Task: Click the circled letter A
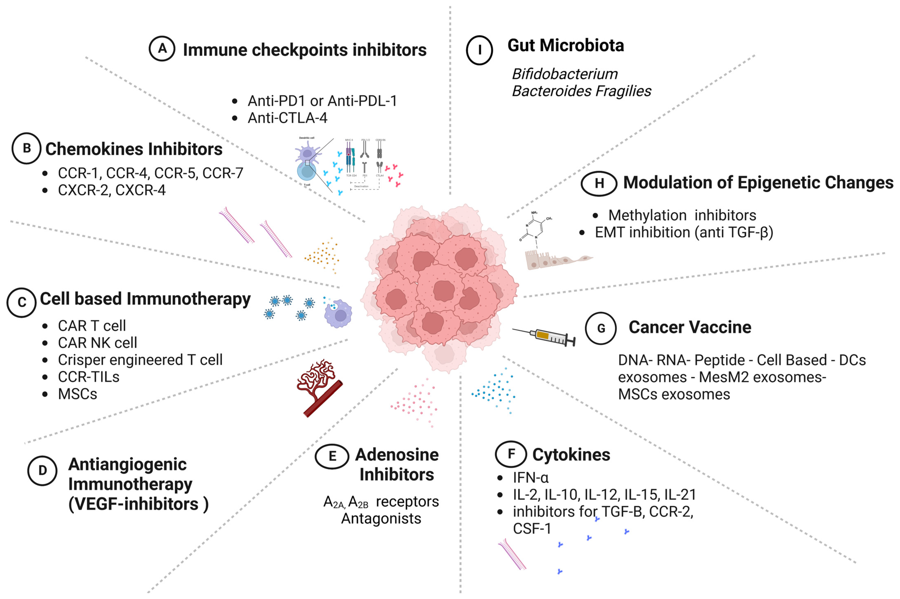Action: pos(162,49)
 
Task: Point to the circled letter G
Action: pos(601,328)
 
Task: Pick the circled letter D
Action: pos(42,471)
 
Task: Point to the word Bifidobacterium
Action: pos(564,74)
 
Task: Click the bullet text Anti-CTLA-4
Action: pos(287,118)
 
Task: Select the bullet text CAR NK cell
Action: pos(97,343)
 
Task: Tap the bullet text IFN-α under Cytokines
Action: pos(530,477)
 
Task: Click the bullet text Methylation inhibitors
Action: pos(682,215)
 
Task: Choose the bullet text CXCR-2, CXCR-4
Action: pos(111,190)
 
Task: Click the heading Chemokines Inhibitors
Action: pos(134,149)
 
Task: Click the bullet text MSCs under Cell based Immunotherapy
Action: pos(78,394)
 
